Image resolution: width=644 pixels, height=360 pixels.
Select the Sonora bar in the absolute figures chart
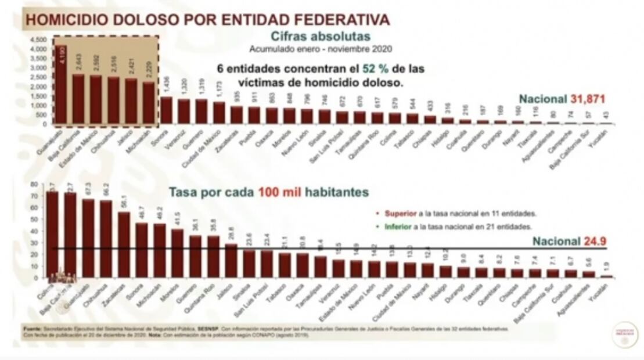(x=167, y=110)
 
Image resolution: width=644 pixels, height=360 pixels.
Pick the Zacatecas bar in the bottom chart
(x=124, y=244)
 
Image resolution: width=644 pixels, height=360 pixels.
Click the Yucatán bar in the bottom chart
(x=606, y=276)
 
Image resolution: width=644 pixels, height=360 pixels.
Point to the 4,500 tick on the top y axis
(x=38, y=39)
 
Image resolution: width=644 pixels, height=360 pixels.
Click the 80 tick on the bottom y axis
(x=34, y=184)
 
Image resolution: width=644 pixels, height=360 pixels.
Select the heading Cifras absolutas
(x=321, y=36)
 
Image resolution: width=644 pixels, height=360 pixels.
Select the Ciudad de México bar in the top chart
(x=219, y=113)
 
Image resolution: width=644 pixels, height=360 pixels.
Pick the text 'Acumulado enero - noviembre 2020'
(x=321, y=48)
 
